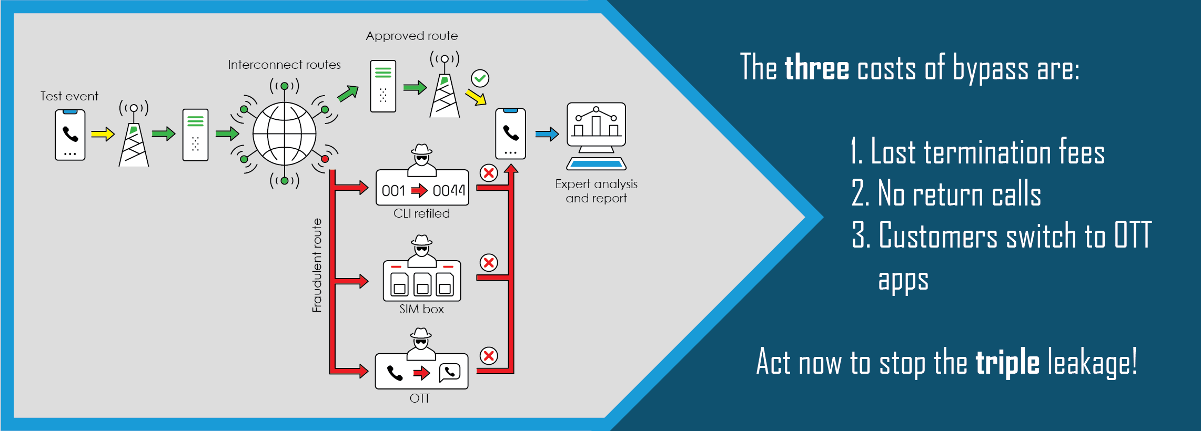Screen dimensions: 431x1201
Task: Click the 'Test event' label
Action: [x=69, y=96]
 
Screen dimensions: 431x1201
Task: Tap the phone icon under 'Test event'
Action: [x=70, y=135]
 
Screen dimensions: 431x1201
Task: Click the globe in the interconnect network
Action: [x=284, y=134]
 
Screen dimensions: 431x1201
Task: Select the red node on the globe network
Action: [x=325, y=159]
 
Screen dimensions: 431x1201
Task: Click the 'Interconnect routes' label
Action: [x=284, y=65]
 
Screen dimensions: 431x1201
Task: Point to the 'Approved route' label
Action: [x=412, y=36]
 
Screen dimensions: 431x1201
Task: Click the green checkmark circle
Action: [x=480, y=78]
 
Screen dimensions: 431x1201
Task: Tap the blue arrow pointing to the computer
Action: [x=547, y=135]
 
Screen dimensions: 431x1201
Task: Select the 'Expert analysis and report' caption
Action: [x=596, y=191]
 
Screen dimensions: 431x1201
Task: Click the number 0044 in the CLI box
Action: [x=449, y=190]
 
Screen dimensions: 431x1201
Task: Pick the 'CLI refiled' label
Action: [x=421, y=213]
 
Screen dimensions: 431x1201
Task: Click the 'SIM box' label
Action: [x=421, y=309]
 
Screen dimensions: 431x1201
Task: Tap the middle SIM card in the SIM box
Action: [x=422, y=284]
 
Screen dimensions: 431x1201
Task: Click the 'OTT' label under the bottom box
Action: [x=420, y=398]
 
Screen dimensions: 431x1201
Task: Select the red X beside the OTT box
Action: [x=489, y=356]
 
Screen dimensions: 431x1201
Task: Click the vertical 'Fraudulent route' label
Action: [x=317, y=265]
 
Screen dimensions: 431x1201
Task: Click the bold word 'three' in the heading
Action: [x=816, y=69]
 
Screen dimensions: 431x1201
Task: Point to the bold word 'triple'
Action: [x=1007, y=363]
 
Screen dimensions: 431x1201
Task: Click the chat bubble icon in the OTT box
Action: [x=450, y=372]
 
